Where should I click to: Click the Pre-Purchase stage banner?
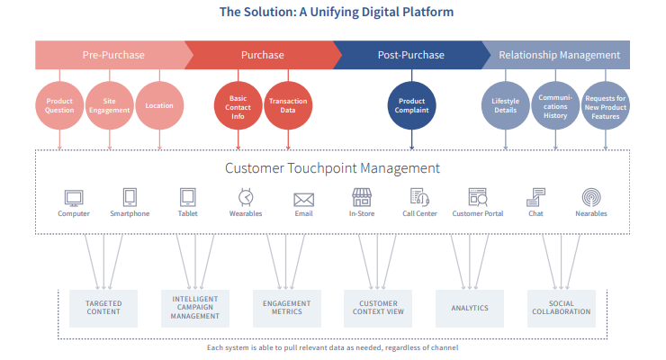click(113, 55)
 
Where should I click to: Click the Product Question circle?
click(59, 105)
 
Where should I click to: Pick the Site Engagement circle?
click(110, 105)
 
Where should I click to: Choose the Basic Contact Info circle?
click(238, 105)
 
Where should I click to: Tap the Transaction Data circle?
click(288, 105)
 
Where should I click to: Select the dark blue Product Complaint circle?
click(411, 105)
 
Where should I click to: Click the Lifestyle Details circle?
click(506, 105)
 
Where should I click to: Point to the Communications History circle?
click(555, 105)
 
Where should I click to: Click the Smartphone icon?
click(130, 197)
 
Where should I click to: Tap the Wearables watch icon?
click(246, 197)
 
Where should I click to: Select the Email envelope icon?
click(303, 200)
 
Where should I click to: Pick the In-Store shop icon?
click(362, 197)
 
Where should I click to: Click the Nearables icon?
click(591, 197)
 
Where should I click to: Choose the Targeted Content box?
click(103, 308)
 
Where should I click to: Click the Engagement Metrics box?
click(287, 308)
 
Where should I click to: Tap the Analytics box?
click(470, 308)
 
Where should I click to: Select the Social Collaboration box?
click(562, 308)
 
